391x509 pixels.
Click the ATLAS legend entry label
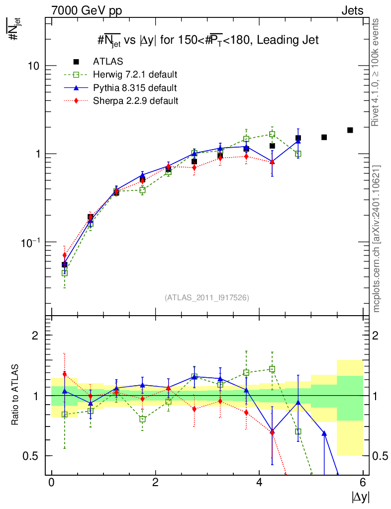point(108,62)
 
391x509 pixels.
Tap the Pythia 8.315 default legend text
point(134,88)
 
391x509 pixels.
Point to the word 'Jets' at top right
point(352,10)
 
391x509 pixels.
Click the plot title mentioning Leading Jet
point(207,40)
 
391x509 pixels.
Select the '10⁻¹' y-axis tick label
point(31,242)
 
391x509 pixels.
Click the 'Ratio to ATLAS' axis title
point(16,395)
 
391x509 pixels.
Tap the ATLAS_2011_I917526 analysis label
point(207,297)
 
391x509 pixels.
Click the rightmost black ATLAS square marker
point(350,130)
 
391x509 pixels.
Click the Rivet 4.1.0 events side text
point(377,73)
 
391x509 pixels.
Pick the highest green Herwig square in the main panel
point(272,134)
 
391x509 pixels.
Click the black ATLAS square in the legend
point(76,62)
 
